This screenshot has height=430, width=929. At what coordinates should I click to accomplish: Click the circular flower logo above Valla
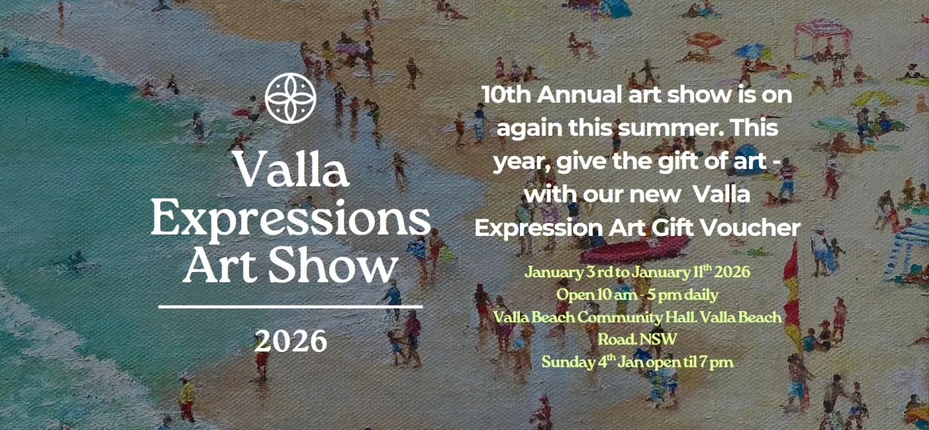[290, 98]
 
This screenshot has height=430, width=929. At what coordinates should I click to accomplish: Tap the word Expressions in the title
[290, 220]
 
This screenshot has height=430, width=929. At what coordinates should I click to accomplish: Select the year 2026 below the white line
[290, 341]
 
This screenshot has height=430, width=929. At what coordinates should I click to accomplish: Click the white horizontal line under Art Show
[290, 307]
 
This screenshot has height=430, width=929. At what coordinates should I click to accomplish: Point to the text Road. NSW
[637, 339]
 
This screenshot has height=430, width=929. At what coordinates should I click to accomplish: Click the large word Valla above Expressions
[291, 170]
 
